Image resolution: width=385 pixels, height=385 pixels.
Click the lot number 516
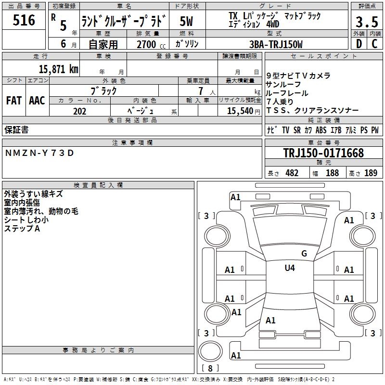click(x=24, y=20)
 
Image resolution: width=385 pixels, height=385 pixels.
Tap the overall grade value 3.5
click(x=367, y=22)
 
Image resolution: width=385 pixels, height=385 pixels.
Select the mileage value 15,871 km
click(x=58, y=69)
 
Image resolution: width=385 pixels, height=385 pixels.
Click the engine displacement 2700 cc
click(x=151, y=44)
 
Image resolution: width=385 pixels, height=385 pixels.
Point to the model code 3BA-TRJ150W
click(x=276, y=44)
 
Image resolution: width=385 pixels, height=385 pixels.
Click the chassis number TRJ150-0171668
click(x=323, y=153)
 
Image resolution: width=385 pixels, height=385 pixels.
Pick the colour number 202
click(x=79, y=111)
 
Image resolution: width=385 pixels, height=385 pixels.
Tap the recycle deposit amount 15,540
click(x=240, y=111)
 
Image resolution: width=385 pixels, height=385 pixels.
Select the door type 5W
click(x=186, y=21)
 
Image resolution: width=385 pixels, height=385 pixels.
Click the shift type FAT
click(x=14, y=101)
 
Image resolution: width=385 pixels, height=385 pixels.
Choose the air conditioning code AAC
click(x=37, y=101)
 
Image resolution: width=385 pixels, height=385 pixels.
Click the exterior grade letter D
click(x=359, y=44)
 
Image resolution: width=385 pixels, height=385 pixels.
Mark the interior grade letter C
click(x=374, y=44)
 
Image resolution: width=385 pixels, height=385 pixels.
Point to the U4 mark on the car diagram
click(x=290, y=268)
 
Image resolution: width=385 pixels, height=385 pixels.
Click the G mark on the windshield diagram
click(x=304, y=254)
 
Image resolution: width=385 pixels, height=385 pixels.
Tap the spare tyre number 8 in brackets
click(x=210, y=368)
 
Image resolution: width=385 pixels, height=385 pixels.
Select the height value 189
click(x=371, y=173)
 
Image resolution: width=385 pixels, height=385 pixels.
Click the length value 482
click(x=292, y=173)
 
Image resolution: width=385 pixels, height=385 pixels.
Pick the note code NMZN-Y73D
click(x=39, y=153)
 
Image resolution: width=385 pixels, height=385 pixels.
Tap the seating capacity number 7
click(x=201, y=91)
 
